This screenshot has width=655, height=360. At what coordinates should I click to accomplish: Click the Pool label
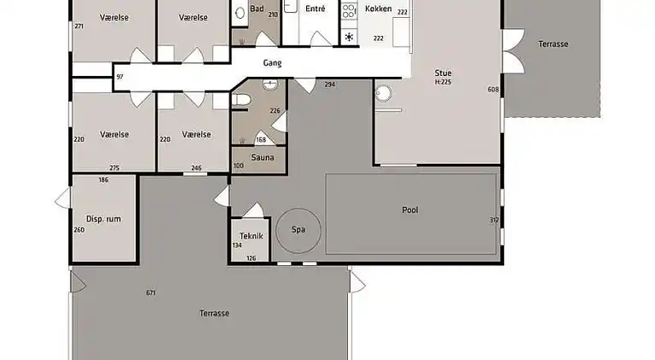click(409, 209)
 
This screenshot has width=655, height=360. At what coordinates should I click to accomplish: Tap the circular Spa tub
click(299, 229)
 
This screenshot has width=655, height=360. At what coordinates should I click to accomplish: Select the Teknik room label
click(251, 235)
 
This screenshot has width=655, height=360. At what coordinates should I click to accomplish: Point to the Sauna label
click(250, 157)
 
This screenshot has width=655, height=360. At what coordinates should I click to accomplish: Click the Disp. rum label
click(103, 219)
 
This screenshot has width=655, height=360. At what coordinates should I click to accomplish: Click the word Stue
click(443, 73)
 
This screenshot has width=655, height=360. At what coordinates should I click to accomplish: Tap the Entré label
click(315, 9)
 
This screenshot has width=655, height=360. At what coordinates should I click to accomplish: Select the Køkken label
click(378, 9)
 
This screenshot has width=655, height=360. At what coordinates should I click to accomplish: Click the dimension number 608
click(492, 90)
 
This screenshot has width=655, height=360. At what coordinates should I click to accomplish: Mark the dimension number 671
click(151, 293)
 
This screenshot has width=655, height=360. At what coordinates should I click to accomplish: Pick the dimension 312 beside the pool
click(493, 220)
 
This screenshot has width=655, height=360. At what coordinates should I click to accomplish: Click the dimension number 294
click(329, 84)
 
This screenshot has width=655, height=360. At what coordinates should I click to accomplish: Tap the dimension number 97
click(119, 78)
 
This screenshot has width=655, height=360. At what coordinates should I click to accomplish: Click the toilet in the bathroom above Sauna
click(241, 101)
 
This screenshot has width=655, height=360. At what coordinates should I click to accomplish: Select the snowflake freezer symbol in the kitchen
click(348, 37)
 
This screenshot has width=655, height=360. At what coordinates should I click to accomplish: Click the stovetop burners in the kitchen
click(348, 12)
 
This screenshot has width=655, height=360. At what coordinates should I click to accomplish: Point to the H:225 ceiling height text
click(443, 83)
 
